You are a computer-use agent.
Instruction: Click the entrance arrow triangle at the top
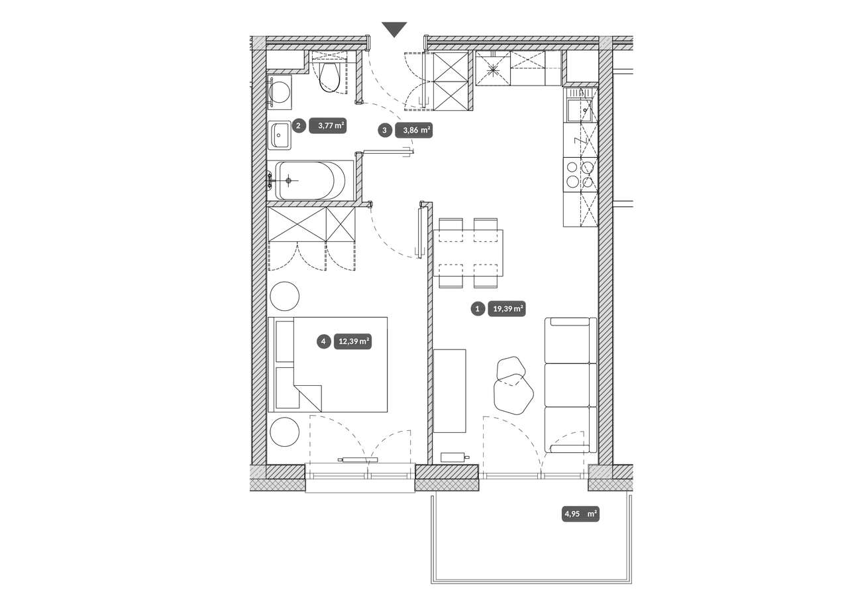394,29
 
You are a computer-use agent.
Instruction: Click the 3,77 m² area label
328,125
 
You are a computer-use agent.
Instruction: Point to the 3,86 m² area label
413,131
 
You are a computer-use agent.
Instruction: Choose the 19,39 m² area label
507,309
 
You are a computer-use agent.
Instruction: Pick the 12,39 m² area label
352,341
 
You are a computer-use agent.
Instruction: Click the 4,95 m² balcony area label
580,514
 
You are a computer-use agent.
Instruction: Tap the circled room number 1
478,309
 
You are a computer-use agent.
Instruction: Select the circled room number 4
323,341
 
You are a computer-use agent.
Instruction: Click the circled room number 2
298,125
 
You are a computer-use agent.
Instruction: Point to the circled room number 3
385,131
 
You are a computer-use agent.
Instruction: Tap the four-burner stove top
580,175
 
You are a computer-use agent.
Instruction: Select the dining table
468,253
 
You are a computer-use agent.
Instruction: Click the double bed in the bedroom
327,365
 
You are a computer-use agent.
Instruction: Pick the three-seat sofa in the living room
570,385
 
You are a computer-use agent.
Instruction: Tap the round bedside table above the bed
284,296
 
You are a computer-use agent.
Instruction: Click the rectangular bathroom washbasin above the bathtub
280,136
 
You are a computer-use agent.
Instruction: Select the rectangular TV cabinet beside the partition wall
449,391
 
